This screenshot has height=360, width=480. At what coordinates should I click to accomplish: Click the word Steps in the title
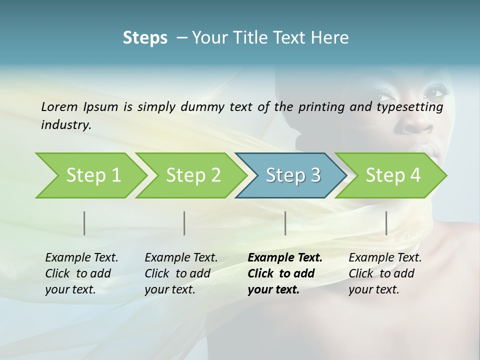[x=145, y=38]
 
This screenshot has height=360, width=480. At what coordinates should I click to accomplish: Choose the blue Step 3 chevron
[x=293, y=175]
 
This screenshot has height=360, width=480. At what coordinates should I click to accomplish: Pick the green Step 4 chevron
[x=393, y=175]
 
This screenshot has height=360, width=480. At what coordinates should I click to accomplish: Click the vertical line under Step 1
[x=84, y=223]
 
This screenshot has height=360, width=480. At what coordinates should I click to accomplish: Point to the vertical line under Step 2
[x=184, y=223]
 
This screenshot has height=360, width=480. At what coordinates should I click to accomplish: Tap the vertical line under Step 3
[x=285, y=223]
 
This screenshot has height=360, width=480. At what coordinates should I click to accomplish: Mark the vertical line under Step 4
[x=386, y=223]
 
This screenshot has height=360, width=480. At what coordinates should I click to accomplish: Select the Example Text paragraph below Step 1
[x=82, y=273]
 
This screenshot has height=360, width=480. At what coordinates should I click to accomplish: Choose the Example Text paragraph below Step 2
[x=181, y=273]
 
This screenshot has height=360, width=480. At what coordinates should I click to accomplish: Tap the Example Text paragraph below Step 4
[x=385, y=273]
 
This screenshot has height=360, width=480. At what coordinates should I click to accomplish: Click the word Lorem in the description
[x=59, y=106]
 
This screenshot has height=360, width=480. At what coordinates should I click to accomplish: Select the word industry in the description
[x=66, y=125]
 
